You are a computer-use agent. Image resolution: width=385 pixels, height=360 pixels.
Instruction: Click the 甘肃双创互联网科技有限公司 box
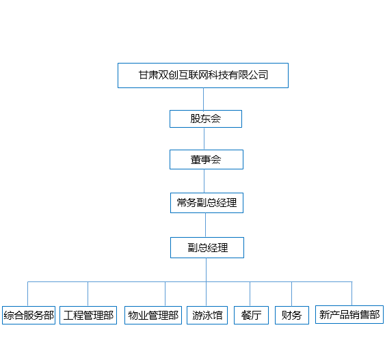click(203, 75)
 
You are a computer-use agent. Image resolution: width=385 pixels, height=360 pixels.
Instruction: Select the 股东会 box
click(206, 119)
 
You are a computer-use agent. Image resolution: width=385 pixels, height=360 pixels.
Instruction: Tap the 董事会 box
click(207, 159)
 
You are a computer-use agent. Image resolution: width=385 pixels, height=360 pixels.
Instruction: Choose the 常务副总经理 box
click(207, 203)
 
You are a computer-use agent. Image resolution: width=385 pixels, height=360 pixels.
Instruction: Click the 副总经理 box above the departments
click(207, 247)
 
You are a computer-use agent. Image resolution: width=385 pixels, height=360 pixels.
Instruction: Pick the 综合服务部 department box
click(29, 315)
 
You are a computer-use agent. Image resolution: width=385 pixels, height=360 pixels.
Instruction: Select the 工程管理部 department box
click(88, 315)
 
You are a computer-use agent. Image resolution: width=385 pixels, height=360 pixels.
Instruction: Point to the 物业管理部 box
click(153, 315)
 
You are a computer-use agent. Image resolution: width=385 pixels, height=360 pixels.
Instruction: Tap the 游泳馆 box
click(207, 315)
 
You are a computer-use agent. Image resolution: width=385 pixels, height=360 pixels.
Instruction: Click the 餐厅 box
click(251, 315)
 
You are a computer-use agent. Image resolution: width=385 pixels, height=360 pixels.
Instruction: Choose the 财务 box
click(292, 315)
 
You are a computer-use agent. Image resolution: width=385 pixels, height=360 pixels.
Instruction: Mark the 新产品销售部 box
click(349, 314)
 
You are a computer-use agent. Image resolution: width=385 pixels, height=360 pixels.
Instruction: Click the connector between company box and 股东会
click(203, 99)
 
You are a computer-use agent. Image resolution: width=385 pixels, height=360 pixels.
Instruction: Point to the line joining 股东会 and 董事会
click(204, 139)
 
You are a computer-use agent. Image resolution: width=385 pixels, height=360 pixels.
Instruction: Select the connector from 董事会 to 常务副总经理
click(204, 181)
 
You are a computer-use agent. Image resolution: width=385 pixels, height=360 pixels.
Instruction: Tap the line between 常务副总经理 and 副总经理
click(206, 225)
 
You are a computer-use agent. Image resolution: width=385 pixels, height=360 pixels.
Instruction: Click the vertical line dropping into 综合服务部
click(28, 294)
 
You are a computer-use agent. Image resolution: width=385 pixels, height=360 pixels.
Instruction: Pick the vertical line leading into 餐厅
click(250, 294)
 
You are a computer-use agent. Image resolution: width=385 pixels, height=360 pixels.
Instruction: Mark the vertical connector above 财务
click(292, 294)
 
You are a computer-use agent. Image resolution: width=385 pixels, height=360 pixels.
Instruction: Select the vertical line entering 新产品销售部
click(352, 294)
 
